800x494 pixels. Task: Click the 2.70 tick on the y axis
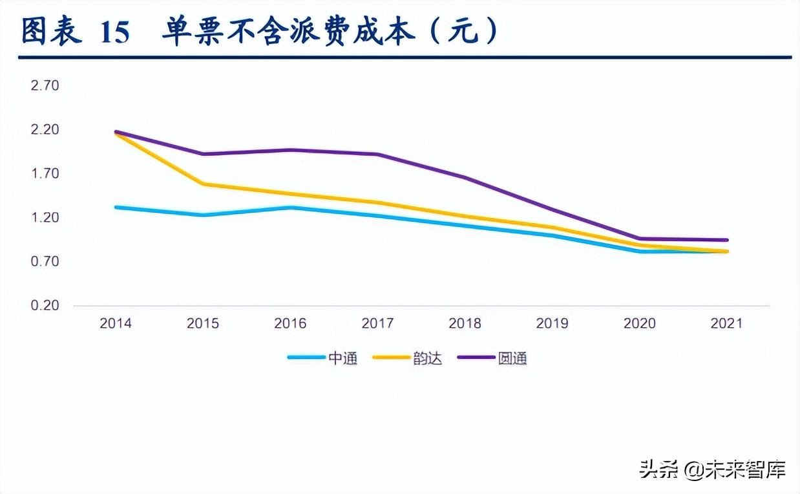[x=45, y=85]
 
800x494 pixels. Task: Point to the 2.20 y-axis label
[x=45, y=129]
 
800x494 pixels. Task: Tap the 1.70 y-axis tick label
[x=45, y=173]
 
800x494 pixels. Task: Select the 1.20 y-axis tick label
[x=45, y=217]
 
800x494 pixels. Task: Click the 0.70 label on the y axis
[x=45, y=261]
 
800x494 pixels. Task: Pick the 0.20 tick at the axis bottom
[x=45, y=305]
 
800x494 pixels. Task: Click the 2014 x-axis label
[x=116, y=323]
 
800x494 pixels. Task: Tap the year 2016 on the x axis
[x=290, y=323]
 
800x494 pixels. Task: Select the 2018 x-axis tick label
[x=465, y=323]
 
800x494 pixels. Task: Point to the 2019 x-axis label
[x=552, y=323]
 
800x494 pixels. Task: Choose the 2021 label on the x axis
[x=726, y=323]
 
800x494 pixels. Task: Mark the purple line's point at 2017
[x=377, y=155]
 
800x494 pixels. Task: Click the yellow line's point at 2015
[x=203, y=184]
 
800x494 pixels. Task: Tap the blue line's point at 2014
[x=116, y=207]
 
